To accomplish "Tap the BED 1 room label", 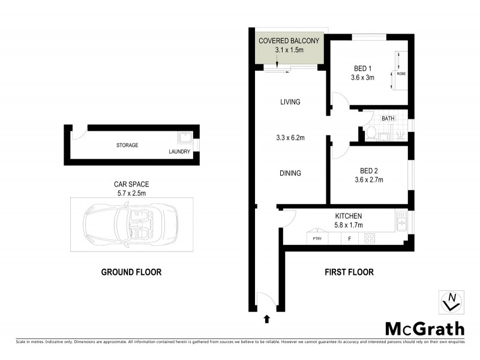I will coord(362,68).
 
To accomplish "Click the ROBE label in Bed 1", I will coord(400,73).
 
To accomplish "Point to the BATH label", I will coord(388,119).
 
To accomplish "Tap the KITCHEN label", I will coord(349,216).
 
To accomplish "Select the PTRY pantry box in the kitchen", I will coord(316,239).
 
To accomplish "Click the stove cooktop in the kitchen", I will coord(370,238).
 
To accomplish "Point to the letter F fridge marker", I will coord(349,239).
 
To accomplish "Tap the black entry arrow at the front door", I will coord(266,319).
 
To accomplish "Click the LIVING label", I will coord(290,102).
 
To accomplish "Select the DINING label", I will coord(290,173).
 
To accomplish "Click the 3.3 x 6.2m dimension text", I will coord(290,138).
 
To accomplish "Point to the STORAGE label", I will coord(127,145).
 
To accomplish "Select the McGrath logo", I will coord(424,328).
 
